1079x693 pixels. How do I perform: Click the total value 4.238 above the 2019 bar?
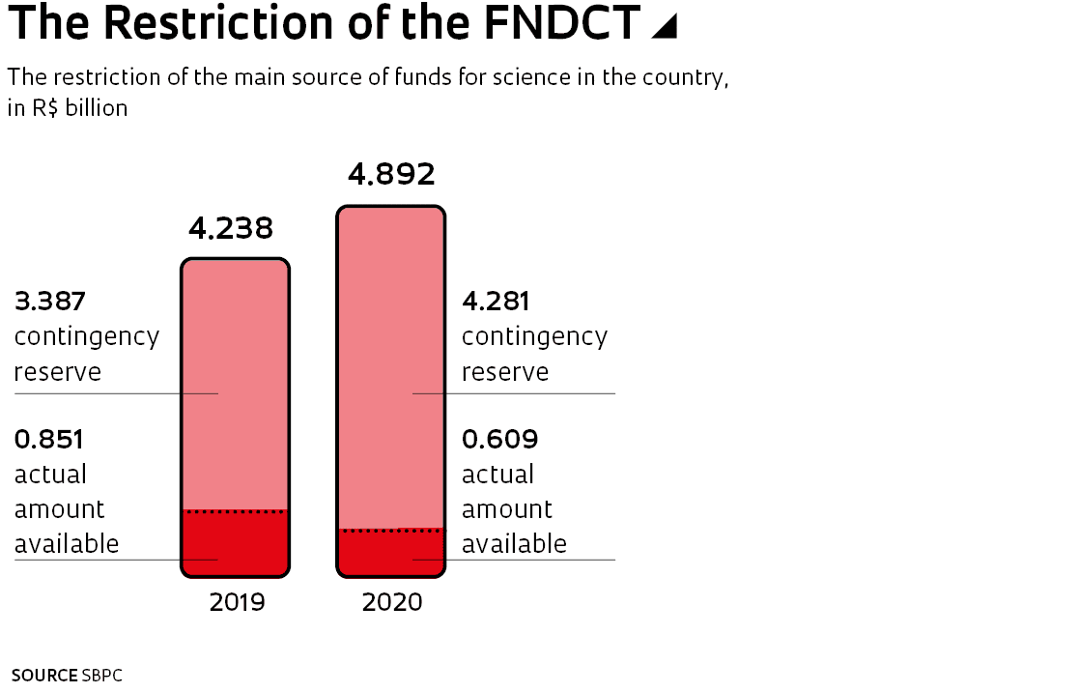[231, 229]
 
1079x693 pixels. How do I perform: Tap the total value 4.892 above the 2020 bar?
[391, 174]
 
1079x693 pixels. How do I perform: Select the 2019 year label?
[237, 603]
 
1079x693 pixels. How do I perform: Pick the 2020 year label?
[392, 603]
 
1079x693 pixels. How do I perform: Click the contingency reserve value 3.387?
[50, 302]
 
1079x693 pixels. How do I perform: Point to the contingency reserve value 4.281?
[496, 302]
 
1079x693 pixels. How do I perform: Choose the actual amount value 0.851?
[49, 440]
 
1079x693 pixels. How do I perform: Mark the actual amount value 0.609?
[499, 440]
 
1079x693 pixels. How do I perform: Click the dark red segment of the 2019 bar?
[236, 543]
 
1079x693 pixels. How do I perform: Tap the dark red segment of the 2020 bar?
[391, 553]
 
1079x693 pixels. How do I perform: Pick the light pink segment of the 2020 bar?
[391, 367]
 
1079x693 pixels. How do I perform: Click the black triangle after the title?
[664, 27]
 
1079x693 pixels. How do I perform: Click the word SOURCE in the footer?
[43, 676]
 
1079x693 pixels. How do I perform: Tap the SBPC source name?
[102, 676]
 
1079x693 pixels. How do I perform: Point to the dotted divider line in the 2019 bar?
[236, 511]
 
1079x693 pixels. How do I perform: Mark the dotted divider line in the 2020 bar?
[391, 531]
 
